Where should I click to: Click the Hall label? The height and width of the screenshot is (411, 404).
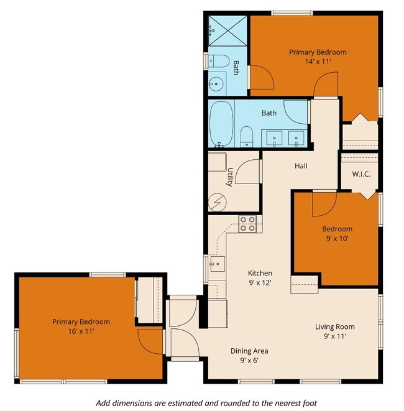coord(301,166)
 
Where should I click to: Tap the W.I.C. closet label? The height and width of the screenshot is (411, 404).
coord(360,174)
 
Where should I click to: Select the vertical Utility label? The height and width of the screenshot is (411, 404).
coord(230,177)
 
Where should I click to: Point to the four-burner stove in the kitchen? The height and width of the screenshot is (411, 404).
coord(247,224)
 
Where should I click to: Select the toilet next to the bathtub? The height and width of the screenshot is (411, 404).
coord(247,136)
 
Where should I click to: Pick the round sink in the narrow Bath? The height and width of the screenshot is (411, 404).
coord(217,81)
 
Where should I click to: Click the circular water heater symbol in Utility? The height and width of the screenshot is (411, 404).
coord(218,201)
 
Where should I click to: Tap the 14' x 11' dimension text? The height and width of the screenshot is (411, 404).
coord(318,62)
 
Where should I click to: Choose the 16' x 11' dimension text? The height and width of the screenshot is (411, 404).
coord(81,331)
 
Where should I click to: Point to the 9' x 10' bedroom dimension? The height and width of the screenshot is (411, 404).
coord(337,238)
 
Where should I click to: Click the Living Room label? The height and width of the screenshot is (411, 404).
coord(335,326)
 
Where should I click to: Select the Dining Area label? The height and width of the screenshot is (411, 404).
coord(249,351)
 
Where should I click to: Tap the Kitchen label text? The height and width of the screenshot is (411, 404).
coord(260,273)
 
